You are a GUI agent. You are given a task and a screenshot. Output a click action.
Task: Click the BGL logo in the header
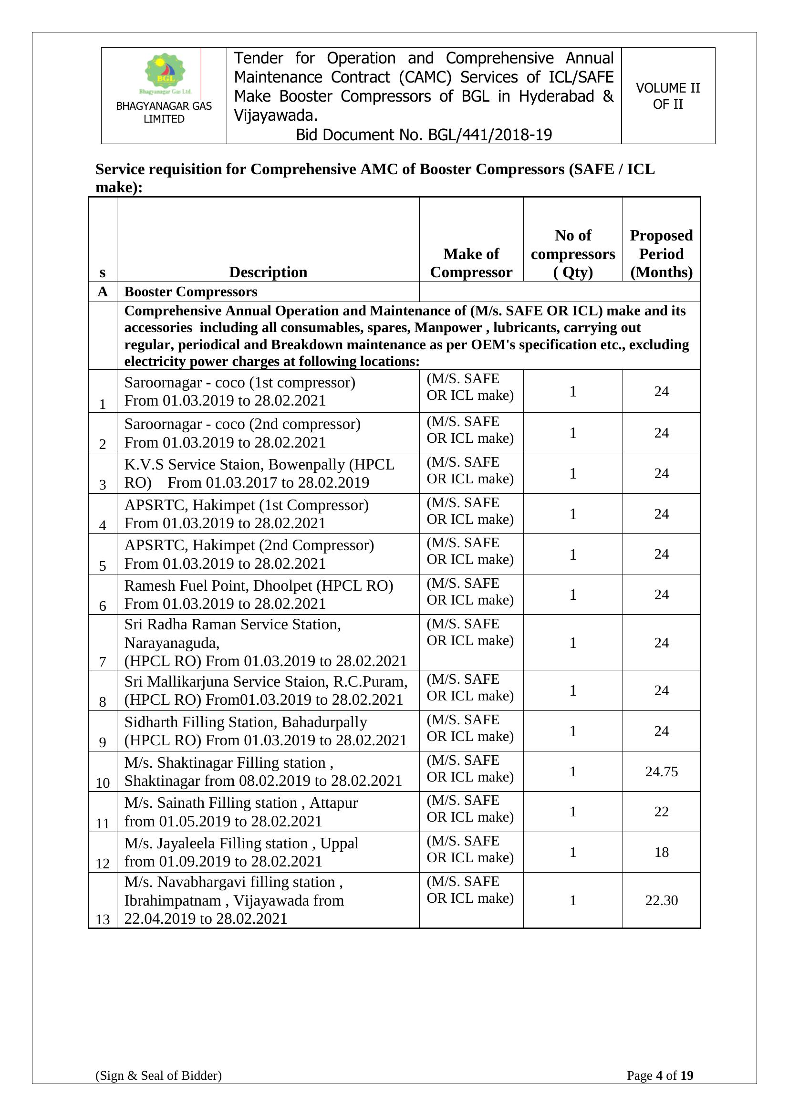tap(165, 73)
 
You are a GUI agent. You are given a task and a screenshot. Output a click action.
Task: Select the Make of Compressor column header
tap(471, 263)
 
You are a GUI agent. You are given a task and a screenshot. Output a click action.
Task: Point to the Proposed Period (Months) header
tap(661, 254)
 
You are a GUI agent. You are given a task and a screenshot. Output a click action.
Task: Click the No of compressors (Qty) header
tap(573, 254)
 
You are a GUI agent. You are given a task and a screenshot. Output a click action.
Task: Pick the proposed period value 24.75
tap(661, 772)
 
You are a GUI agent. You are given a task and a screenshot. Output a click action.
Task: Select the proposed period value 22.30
tap(661, 901)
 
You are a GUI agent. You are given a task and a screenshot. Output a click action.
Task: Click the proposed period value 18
tap(661, 852)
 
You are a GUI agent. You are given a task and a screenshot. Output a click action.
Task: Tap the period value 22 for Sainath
tap(661, 812)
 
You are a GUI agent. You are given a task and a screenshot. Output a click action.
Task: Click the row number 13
tap(103, 919)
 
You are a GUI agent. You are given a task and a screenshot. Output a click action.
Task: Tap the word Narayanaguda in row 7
tap(172, 643)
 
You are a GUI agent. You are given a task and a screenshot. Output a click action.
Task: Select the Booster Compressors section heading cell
tap(191, 292)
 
